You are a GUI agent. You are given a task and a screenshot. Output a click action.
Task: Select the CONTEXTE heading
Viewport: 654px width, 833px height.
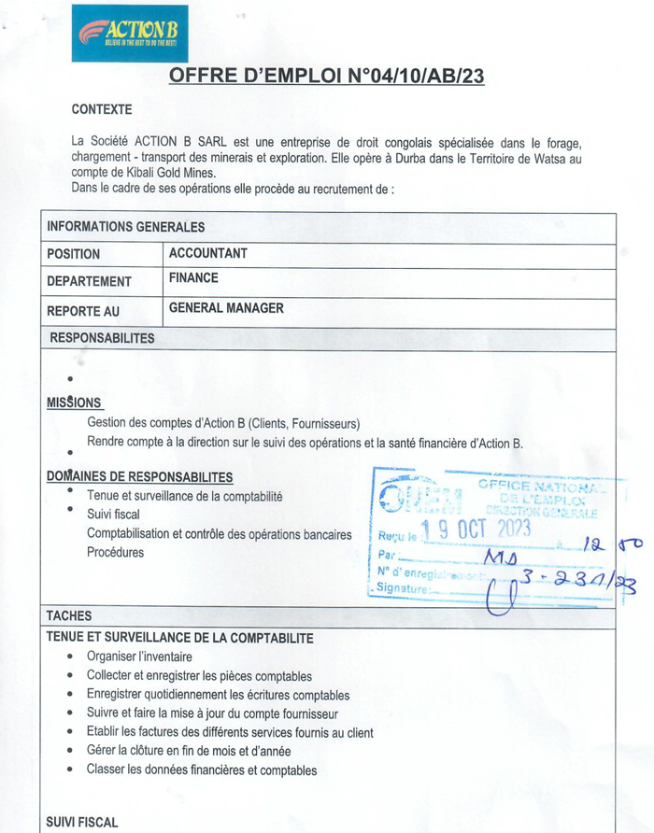pyautogui.click(x=102, y=109)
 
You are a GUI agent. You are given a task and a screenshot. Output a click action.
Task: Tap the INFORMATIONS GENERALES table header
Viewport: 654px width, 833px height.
pyautogui.click(x=125, y=226)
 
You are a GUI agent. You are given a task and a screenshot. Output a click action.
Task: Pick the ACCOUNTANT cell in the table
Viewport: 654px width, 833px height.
pyautogui.click(x=208, y=253)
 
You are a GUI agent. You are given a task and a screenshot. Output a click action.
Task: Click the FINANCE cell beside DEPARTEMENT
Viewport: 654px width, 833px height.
pyautogui.click(x=193, y=277)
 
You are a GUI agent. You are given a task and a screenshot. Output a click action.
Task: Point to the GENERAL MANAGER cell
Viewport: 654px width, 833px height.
pyautogui.click(x=226, y=308)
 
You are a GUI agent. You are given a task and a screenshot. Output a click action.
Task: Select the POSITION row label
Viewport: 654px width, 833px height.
pyautogui.click(x=74, y=254)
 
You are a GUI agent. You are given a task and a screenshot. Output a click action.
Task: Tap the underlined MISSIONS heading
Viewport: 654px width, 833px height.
pyautogui.click(x=74, y=402)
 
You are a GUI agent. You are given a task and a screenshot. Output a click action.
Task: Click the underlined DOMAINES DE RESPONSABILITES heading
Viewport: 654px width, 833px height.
pyautogui.click(x=139, y=476)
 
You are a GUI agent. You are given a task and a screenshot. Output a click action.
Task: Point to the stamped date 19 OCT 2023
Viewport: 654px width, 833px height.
pyautogui.click(x=476, y=530)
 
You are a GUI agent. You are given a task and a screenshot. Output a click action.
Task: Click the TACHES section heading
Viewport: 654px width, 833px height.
pyautogui.click(x=68, y=615)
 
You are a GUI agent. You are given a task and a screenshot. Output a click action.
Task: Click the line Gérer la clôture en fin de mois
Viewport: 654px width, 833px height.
pyautogui.click(x=189, y=751)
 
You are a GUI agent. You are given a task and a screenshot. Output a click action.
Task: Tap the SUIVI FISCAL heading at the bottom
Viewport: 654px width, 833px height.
pyautogui.click(x=82, y=822)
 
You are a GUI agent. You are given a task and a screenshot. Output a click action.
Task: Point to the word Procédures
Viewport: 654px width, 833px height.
pyautogui.click(x=116, y=552)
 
